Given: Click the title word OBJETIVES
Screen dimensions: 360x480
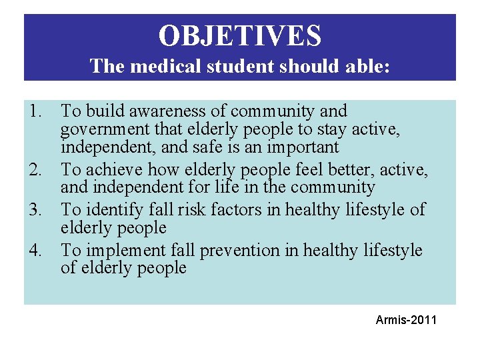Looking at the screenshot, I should click(240, 35).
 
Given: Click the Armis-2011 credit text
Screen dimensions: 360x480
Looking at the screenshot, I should click(406, 320).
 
